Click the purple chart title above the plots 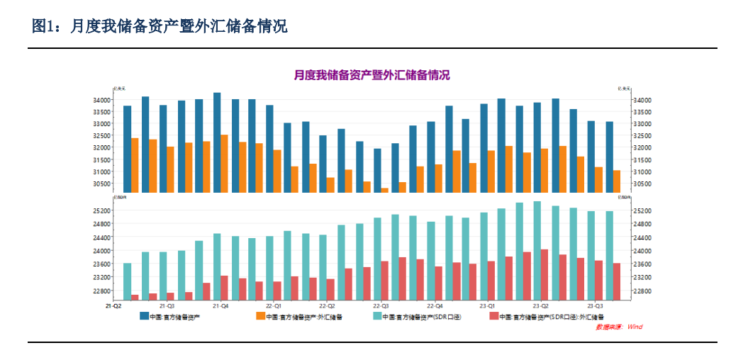371,75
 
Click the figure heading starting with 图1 160,27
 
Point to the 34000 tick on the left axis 101,100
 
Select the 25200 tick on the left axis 101,210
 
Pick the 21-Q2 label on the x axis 113,306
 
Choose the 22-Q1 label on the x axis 274,306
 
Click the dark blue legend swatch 144,317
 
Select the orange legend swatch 260,317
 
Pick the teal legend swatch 377,317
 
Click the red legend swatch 493,317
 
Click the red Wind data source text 618,327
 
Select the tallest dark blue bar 217,142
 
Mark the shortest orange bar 385,190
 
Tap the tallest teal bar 537,250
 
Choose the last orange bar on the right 617,181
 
